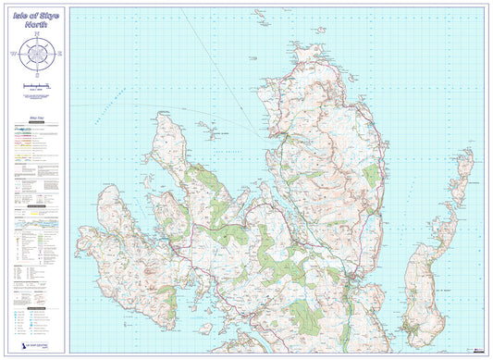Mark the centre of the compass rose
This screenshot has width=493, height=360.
click(x=37, y=56)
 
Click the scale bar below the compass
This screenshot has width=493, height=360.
click(x=37, y=86)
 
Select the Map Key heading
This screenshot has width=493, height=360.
click(x=37, y=120)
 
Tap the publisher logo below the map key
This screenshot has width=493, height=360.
click(x=27, y=343)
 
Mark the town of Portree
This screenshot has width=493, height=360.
click(x=352, y=276)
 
